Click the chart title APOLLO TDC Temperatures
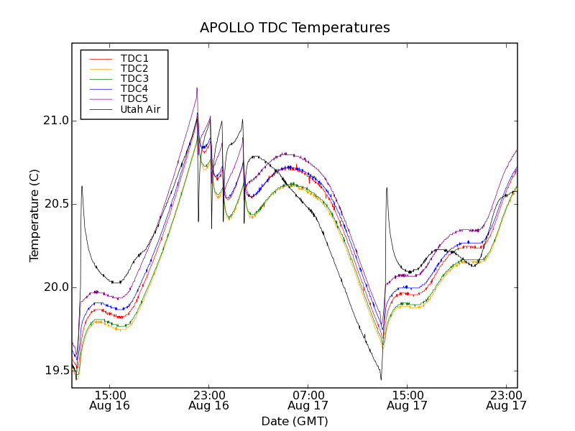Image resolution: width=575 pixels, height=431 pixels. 295,28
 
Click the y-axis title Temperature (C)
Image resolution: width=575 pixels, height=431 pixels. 34,215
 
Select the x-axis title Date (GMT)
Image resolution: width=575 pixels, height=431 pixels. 295,421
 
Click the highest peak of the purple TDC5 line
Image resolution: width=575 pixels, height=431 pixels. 197,88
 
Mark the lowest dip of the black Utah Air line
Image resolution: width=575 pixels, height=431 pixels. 381,379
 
